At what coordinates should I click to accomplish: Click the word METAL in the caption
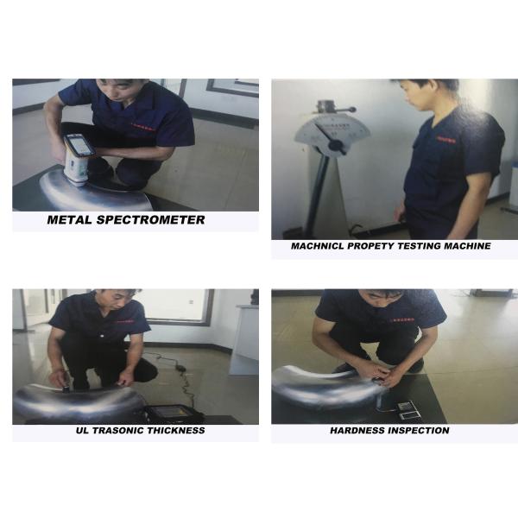69,219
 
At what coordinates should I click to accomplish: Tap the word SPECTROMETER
150,219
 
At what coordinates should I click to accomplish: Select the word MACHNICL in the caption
318,246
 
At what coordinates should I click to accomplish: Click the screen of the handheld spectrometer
80,145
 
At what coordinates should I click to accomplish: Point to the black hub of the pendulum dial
337,145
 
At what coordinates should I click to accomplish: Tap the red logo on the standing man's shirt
446,139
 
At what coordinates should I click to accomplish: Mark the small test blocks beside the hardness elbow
407,411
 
